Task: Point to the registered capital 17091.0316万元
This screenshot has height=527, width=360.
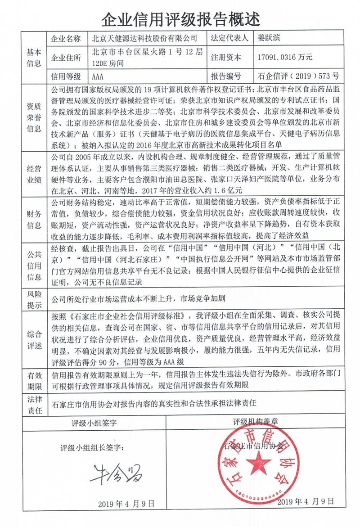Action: pos(283,57)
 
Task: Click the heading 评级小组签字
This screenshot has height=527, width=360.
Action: pos(94,423)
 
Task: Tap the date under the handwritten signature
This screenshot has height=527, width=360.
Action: pos(126,503)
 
